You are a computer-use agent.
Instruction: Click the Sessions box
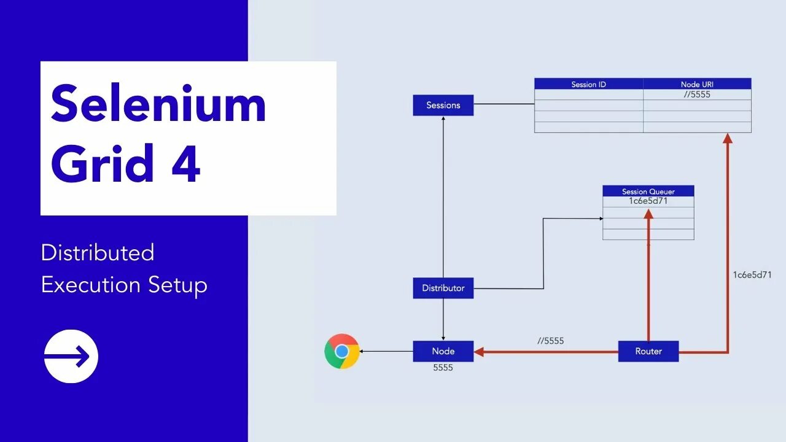coord(443,105)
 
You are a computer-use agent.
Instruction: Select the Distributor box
coord(443,288)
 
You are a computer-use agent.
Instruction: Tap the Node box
coord(443,351)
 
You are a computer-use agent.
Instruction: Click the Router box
coord(648,351)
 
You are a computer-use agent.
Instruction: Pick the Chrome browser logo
coord(342,351)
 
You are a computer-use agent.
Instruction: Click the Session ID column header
coord(588,84)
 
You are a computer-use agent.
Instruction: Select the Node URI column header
coord(697,84)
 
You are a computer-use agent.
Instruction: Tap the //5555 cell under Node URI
coord(697,95)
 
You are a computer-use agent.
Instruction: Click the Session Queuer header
coord(648,192)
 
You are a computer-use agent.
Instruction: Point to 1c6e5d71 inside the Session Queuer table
coord(648,201)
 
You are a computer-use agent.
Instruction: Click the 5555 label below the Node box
coord(443,368)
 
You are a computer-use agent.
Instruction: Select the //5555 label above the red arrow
coord(550,341)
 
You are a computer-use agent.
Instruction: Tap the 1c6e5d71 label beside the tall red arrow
coord(752,275)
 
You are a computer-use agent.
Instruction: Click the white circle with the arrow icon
coord(71,356)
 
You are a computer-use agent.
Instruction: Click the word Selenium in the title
coord(158,104)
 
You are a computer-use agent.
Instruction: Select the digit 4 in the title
coord(185,164)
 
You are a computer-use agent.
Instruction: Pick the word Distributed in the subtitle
coord(98,253)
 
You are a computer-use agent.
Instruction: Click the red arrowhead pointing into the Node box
coord(480,352)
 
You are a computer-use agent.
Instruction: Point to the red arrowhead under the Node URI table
coord(728,139)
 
